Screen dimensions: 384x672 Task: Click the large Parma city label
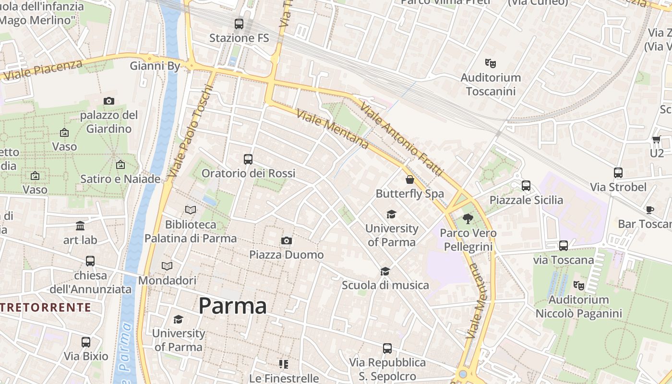coord(232,306)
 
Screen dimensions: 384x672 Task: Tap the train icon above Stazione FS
coord(239,24)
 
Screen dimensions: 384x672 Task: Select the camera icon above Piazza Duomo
coord(286,240)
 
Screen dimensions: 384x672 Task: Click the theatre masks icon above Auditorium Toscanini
coord(490,63)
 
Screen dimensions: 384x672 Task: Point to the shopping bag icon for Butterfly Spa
coord(409,180)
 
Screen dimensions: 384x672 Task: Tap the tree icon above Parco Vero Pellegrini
coord(468,219)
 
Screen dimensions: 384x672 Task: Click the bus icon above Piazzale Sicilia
coord(526,185)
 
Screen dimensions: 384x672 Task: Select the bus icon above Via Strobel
coord(618,173)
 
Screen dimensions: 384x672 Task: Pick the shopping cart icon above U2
coord(656,140)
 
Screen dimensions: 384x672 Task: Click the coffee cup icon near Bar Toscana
coord(649,210)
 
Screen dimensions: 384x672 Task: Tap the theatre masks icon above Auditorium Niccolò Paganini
coord(579,285)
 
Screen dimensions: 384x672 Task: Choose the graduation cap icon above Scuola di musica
coord(385,271)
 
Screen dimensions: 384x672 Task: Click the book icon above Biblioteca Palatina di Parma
coord(191,210)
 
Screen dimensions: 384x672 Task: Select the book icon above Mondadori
coord(167,266)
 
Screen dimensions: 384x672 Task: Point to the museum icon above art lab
coord(80,226)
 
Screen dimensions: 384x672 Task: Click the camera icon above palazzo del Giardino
coord(109,101)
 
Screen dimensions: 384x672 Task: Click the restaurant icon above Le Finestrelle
coord(284,364)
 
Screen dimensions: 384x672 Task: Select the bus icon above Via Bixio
coord(86,342)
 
